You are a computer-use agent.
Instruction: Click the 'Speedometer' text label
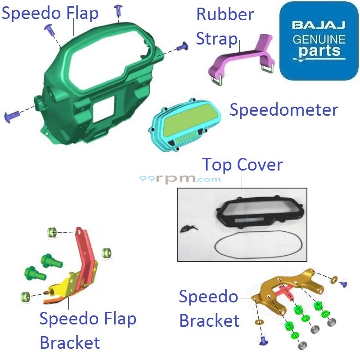(283, 109)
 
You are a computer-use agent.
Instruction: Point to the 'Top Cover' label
(242, 165)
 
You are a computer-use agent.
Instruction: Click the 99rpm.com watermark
(180, 179)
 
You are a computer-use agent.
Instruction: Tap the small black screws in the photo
(185, 228)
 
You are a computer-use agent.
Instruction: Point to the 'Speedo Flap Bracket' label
(87, 331)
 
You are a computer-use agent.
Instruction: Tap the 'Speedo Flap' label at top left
(50, 13)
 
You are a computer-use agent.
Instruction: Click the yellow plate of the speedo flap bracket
(67, 283)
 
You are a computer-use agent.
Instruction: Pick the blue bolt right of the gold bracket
(344, 284)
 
